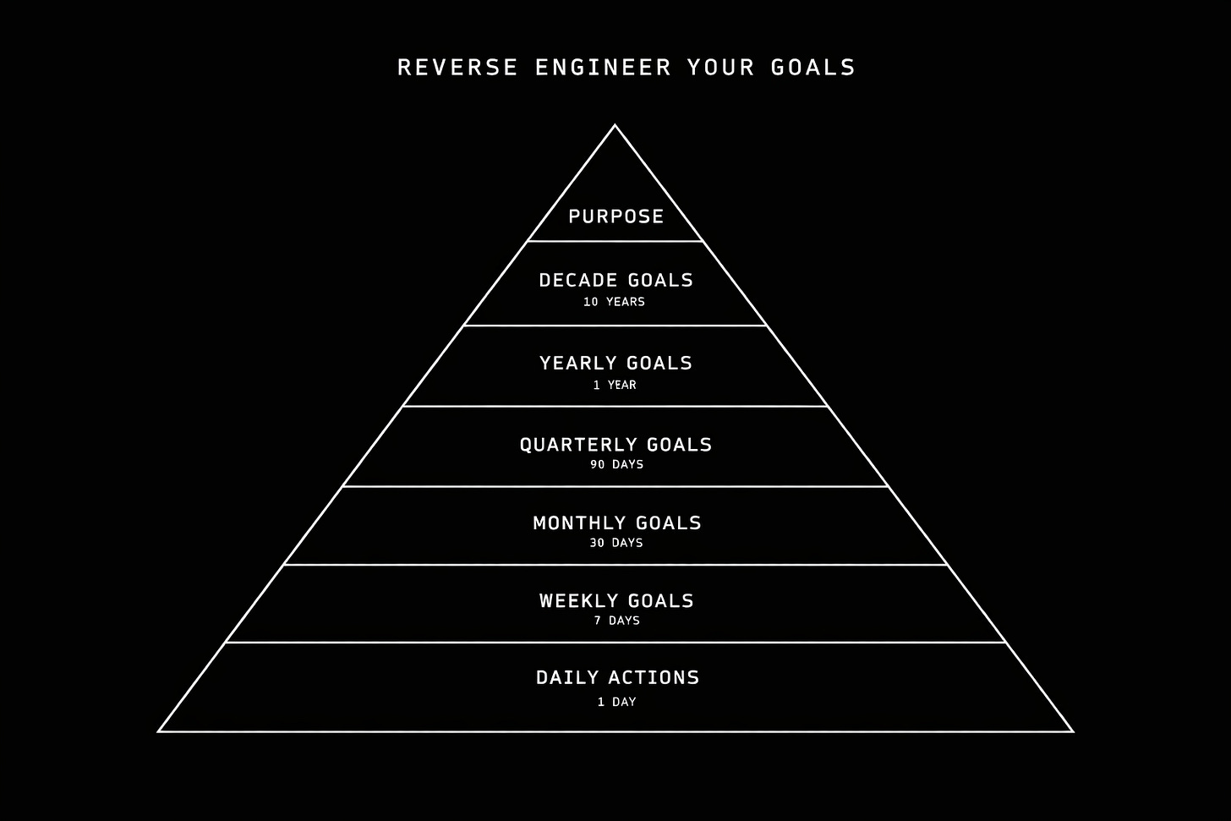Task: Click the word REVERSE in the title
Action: pyautogui.click(x=457, y=68)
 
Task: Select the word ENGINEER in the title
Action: pyautogui.click(x=603, y=68)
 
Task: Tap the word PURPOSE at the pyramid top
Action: pyautogui.click(x=615, y=216)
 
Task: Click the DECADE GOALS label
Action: pyautogui.click(x=615, y=280)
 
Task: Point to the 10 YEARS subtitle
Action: pyautogui.click(x=614, y=302)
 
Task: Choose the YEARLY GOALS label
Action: pyautogui.click(x=615, y=363)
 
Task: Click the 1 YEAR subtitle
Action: pyautogui.click(x=615, y=385)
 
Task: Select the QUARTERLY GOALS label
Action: pyautogui.click(x=615, y=445)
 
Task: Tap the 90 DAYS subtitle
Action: pyautogui.click(x=616, y=464)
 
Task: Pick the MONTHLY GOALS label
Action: pyautogui.click(x=616, y=523)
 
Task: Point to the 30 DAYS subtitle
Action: pyautogui.click(x=615, y=543)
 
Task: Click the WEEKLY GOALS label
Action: pyautogui.click(x=616, y=600)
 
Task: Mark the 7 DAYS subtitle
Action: pyautogui.click(x=616, y=621)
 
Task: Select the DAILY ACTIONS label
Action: pyautogui.click(x=617, y=677)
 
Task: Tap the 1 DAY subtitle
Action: pyautogui.click(x=616, y=702)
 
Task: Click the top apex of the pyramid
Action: pyautogui.click(x=615, y=126)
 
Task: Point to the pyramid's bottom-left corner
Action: pyautogui.click(x=159, y=731)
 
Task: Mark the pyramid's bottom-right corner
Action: pyautogui.click(x=1073, y=731)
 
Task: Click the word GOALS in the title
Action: pyautogui.click(x=812, y=68)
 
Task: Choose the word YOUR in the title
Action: pyautogui.click(x=720, y=68)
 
